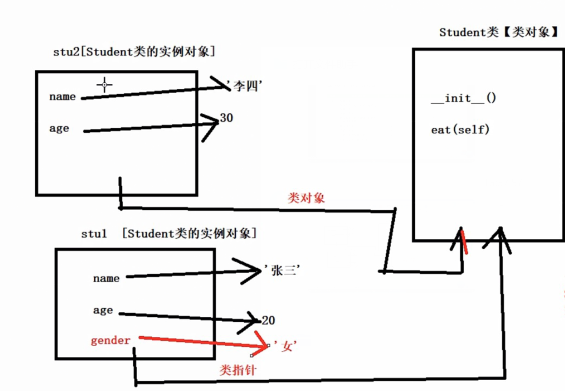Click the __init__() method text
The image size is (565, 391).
pos(463,99)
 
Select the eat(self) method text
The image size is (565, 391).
pos(460,130)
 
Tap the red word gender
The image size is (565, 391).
pos(111,340)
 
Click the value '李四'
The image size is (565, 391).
pos(247,87)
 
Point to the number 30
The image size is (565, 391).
pos(226,118)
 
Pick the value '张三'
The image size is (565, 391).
pos(282,271)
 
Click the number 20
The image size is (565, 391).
pos(268,321)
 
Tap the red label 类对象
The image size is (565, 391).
pos(306,199)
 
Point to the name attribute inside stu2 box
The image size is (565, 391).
pos(62,97)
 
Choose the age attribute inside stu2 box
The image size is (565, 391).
pos(59,129)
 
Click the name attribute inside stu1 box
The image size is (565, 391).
pos(106,278)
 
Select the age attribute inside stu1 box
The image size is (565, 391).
pos(103,310)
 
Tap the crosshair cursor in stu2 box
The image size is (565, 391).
pos(105,84)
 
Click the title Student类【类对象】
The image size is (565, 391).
pos(498,32)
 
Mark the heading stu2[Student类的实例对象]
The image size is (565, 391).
pos(133,52)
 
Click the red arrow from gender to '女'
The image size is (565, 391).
pos(200,342)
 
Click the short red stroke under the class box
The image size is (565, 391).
pos(464,242)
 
